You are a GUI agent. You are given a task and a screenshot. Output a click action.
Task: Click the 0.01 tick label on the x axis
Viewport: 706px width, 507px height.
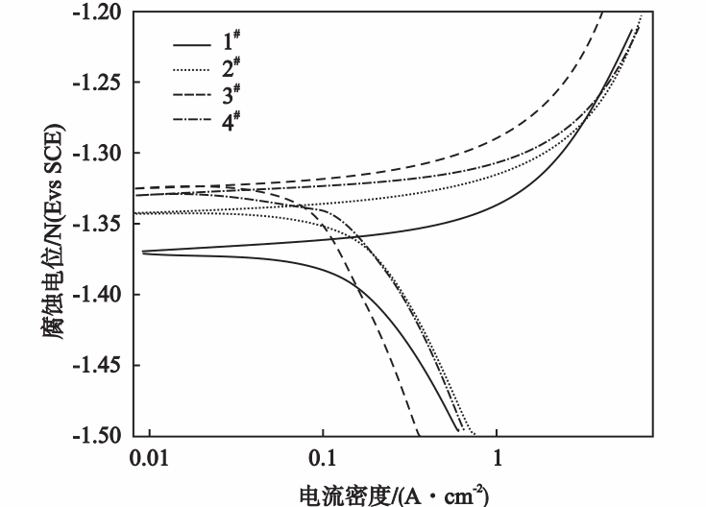click(x=149, y=460)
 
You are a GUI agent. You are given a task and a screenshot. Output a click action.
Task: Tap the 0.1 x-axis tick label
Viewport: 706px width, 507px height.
click(x=323, y=460)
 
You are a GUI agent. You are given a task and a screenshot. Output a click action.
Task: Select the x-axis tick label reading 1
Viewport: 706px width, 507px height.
click(x=497, y=460)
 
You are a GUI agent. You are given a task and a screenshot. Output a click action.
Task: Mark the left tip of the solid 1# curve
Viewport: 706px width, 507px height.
click(x=142, y=253)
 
